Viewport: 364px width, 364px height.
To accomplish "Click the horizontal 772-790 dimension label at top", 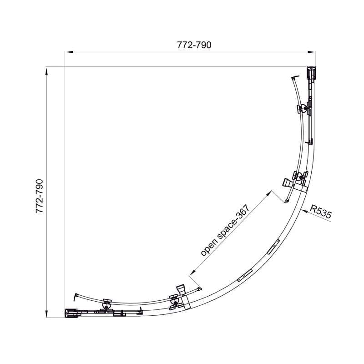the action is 194,45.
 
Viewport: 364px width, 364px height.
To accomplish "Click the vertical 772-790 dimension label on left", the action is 40,196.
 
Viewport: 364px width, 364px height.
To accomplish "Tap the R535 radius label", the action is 321,212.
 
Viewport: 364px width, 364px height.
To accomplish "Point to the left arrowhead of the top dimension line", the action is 69,52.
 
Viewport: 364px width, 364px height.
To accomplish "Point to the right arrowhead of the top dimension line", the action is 312,52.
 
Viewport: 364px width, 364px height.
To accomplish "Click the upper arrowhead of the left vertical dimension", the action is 47,71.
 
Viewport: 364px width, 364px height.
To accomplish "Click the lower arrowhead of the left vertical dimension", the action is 47,313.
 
